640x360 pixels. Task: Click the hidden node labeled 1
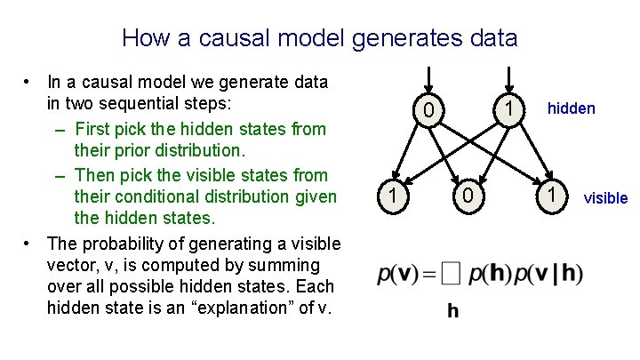click(508, 108)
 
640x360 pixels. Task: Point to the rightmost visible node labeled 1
click(552, 194)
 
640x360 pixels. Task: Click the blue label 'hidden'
click(571, 108)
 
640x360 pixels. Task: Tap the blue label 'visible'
click(605, 197)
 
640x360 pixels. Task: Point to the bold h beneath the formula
click(453, 311)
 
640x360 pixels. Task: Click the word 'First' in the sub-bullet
click(94, 129)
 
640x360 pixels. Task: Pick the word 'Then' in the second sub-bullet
click(95, 175)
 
